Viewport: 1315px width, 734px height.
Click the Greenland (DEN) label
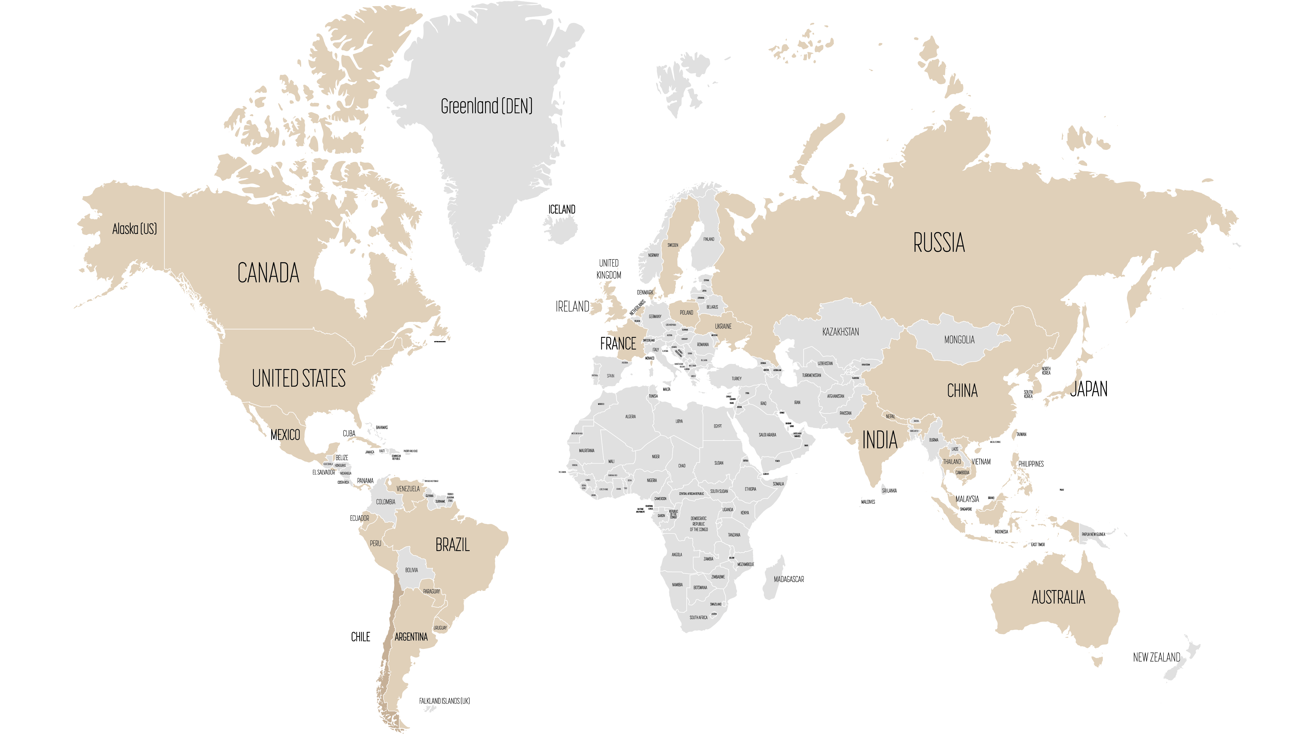point(486,106)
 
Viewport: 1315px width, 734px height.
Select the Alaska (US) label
point(134,229)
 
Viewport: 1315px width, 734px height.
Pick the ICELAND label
point(562,209)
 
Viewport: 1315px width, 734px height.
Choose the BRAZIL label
point(452,545)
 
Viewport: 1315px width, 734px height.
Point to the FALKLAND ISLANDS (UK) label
point(444,701)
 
